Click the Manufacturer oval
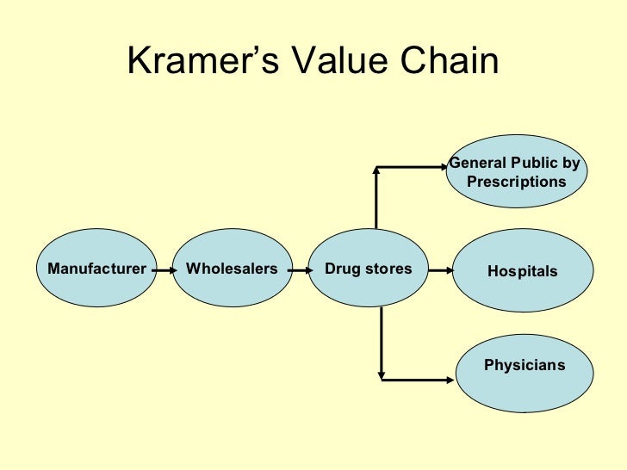coord(96,269)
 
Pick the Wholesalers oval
coord(232,269)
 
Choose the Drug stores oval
coord(368,269)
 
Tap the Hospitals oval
coord(522,271)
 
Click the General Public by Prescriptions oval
coord(517,172)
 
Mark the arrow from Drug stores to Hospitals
coord(440,270)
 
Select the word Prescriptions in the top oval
coord(516,182)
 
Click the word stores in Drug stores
coord(388,269)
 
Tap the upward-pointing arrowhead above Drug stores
coord(376,170)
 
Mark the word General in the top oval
coord(479,164)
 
